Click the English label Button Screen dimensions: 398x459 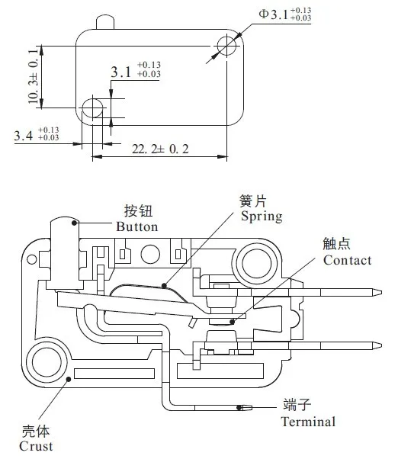[x=137, y=227]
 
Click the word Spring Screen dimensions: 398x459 [x=262, y=217]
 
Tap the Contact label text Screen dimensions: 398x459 [x=348, y=260]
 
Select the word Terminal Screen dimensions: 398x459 [x=308, y=422]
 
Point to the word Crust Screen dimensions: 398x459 [x=36, y=446]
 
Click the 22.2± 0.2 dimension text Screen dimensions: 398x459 [x=160, y=149]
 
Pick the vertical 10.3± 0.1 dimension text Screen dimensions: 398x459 [x=34, y=76]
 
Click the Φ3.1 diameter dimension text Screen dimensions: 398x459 [x=284, y=14]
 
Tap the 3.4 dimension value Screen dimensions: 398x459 [x=37, y=134]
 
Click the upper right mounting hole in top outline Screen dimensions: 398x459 [x=226, y=46]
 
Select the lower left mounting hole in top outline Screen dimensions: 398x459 [x=92, y=108]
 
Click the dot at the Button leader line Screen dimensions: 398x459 [x=74, y=223]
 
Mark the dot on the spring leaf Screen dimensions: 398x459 [x=164, y=286]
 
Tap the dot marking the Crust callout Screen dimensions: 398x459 [x=69, y=379]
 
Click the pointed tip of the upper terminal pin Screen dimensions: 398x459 [x=382, y=292]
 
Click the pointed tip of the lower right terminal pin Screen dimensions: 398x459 [x=382, y=345]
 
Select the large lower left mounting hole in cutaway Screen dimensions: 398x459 [x=47, y=362]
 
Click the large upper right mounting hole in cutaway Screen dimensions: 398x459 [x=257, y=264]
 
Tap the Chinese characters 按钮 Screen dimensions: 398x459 [x=139, y=210]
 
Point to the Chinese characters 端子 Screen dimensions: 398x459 [x=297, y=405]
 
